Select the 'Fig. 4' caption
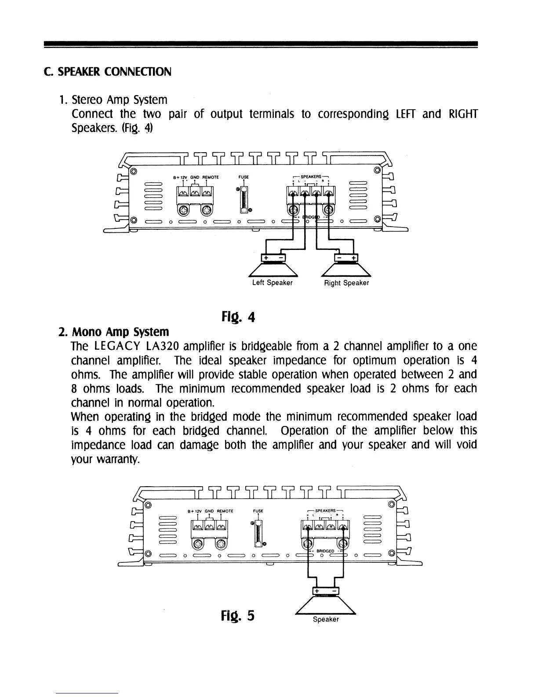238,316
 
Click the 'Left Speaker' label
272,283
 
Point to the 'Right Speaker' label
346,283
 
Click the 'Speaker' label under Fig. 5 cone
326,620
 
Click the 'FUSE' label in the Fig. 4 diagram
244,177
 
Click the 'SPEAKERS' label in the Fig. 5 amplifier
326,511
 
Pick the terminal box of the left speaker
273,257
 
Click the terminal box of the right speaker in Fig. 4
346,257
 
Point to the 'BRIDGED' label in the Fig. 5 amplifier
325,551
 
